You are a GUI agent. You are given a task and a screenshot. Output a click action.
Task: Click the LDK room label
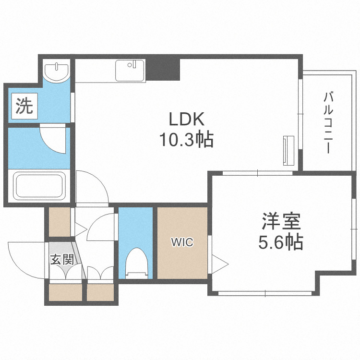click(x=186, y=119)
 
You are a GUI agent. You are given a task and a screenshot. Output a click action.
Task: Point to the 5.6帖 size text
click(x=281, y=243)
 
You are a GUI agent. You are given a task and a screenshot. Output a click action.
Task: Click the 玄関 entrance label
click(x=62, y=260)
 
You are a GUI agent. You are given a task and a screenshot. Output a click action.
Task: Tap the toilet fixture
click(x=135, y=263)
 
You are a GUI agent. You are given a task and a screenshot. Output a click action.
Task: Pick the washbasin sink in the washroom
click(x=57, y=72)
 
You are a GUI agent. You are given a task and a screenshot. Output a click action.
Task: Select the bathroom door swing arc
click(x=53, y=139)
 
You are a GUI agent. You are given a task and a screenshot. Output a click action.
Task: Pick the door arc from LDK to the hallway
click(x=91, y=186)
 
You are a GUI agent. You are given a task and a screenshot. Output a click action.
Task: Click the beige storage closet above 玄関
click(x=59, y=222)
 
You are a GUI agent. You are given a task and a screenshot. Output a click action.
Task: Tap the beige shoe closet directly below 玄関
click(x=66, y=292)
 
